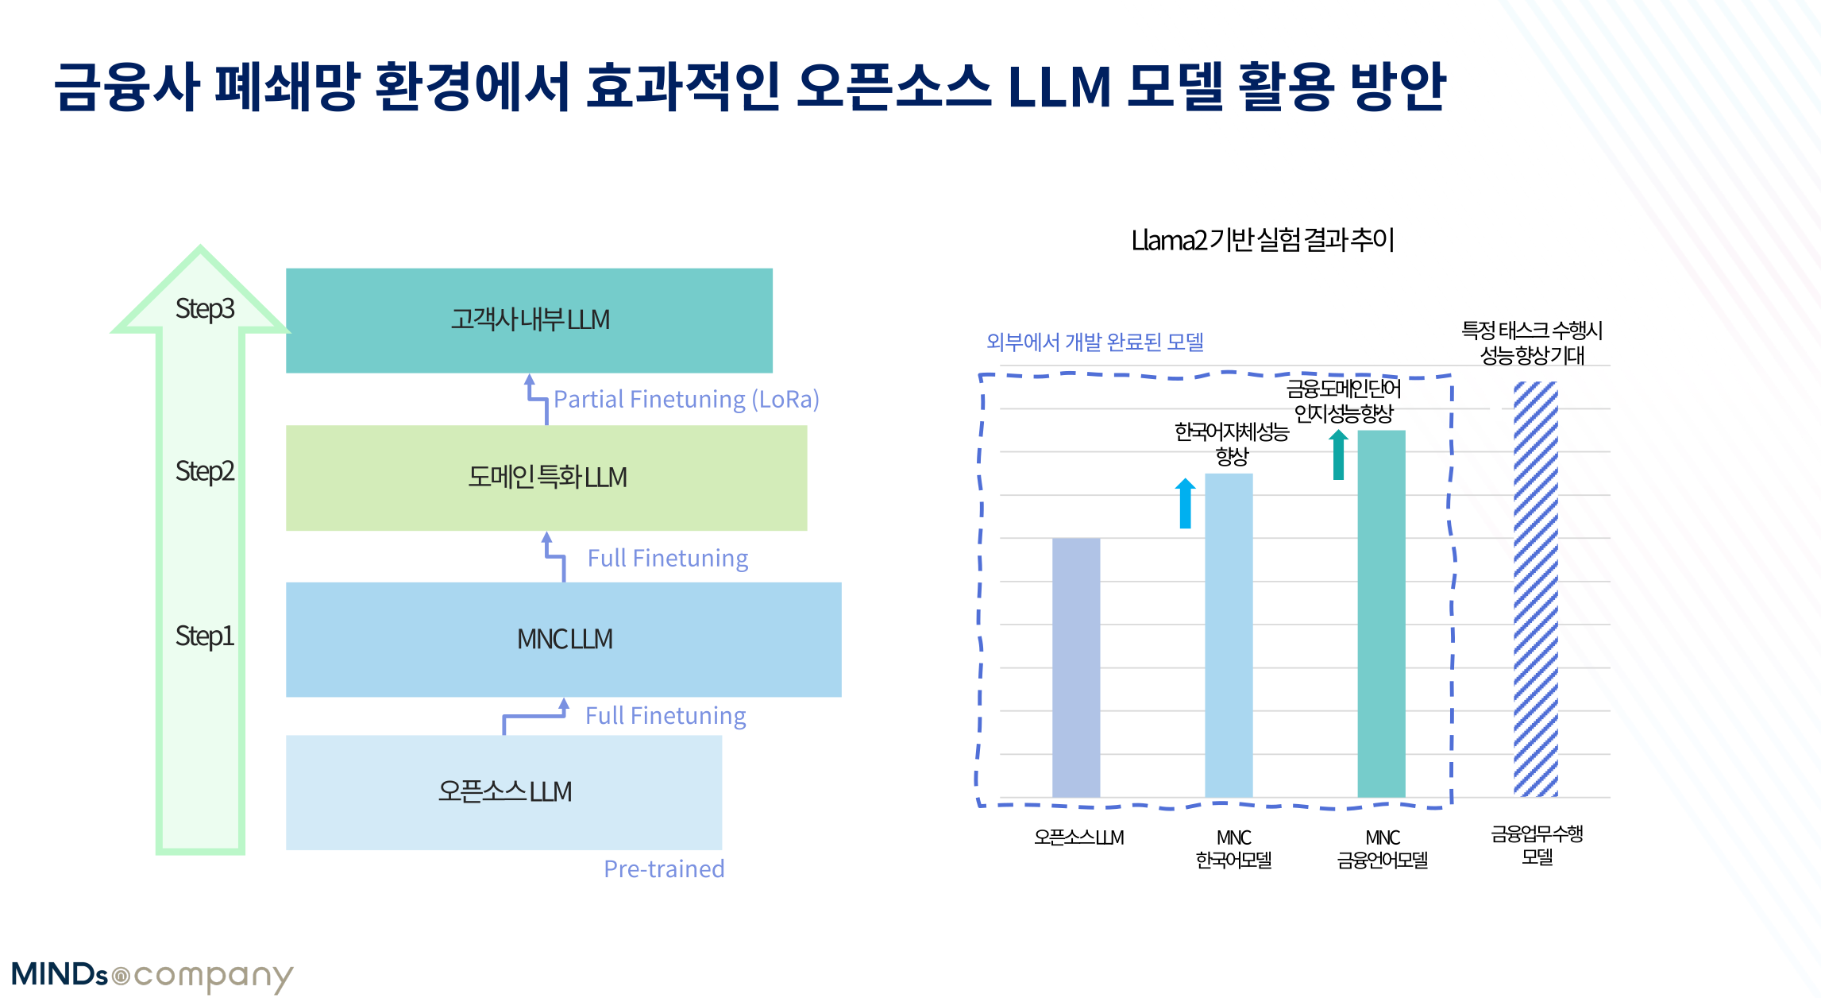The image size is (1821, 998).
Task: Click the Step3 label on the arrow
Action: coord(204,308)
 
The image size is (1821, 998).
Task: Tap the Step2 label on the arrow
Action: coord(204,471)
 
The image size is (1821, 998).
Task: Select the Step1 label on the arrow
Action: coord(204,636)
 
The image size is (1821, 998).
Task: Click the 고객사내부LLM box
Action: coord(529,320)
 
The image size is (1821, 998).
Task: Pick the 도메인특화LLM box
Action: coord(546,478)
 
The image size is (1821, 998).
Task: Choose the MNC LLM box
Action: coord(564,639)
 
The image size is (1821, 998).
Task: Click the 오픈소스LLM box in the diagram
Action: coord(503,791)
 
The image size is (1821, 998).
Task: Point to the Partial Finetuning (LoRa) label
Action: coord(686,399)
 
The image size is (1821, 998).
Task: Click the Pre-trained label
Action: coord(664,868)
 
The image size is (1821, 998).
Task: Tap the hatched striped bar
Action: coord(1535,588)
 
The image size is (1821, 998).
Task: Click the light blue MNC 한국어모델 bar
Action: coord(1229,635)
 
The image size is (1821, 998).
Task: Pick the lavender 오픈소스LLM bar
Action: coord(1076,667)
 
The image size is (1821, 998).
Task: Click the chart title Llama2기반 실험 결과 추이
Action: coord(1262,240)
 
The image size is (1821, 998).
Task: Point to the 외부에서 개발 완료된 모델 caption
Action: coord(1094,342)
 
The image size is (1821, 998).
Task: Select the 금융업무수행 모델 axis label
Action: coord(1537,845)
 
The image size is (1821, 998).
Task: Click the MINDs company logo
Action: coord(152,975)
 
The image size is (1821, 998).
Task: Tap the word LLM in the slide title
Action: coord(1059,86)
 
